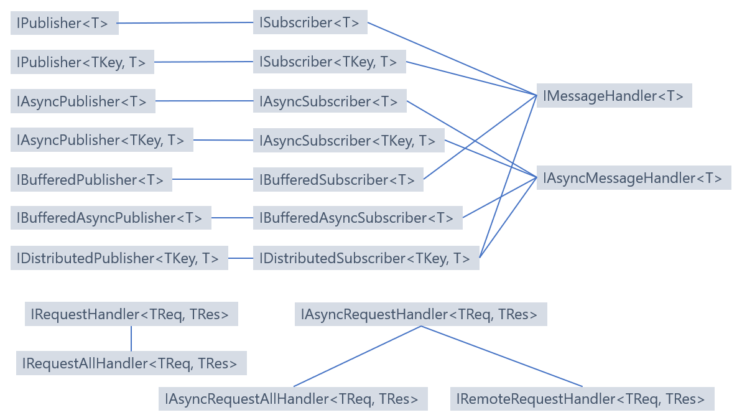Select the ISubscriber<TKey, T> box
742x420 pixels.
click(330, 62)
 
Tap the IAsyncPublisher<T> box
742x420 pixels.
click(83, 101)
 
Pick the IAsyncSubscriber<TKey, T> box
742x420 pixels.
click(348, 141)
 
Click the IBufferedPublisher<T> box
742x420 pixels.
click(91, 180)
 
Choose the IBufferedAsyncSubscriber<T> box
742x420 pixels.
click(358, 218)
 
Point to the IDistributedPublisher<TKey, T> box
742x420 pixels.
click(119, 258)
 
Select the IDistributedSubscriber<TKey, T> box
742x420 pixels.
click(366, 258)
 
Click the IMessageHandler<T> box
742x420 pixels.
click(614, 96)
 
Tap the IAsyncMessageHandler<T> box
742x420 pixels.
click(633, 178)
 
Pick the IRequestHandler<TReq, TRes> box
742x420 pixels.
click(131, 314)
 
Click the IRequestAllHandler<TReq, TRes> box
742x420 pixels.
click(131, 363)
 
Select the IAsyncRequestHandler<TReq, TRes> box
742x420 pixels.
click(420, 314)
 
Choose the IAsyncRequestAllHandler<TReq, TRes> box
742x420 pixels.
click(293, 399)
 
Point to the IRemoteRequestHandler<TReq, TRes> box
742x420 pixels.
click(582, 399)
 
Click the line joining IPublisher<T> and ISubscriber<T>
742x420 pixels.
click(185, 23)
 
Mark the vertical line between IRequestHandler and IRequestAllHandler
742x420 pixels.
click(131, 338)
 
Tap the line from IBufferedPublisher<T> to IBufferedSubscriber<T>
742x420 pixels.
click(212, 180)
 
